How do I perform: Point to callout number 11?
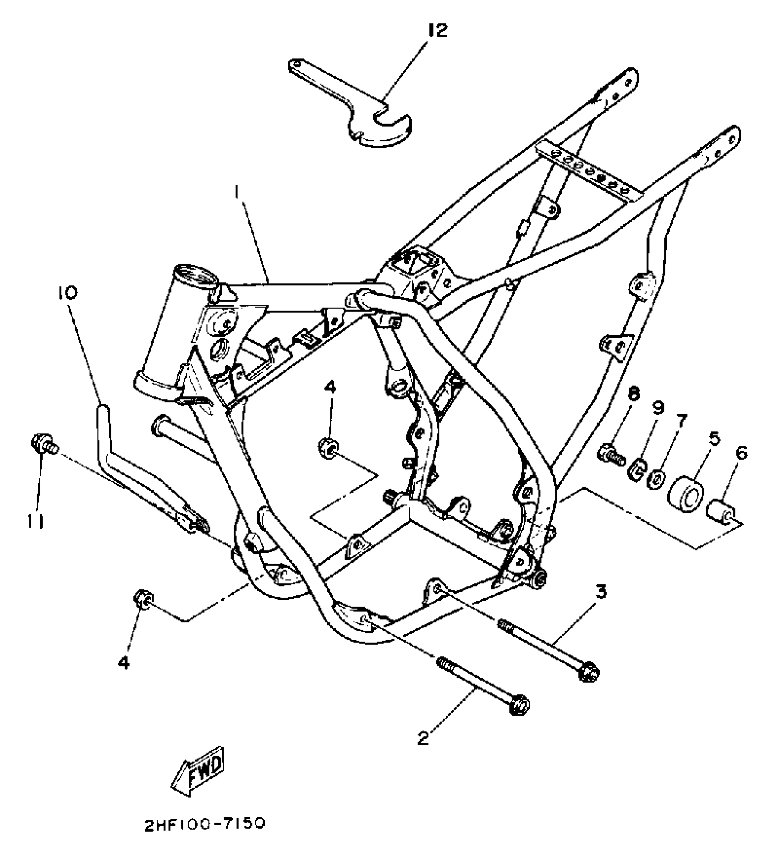[36, 520]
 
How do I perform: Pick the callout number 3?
[601, 593]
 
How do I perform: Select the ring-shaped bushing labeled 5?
[686, 494]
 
